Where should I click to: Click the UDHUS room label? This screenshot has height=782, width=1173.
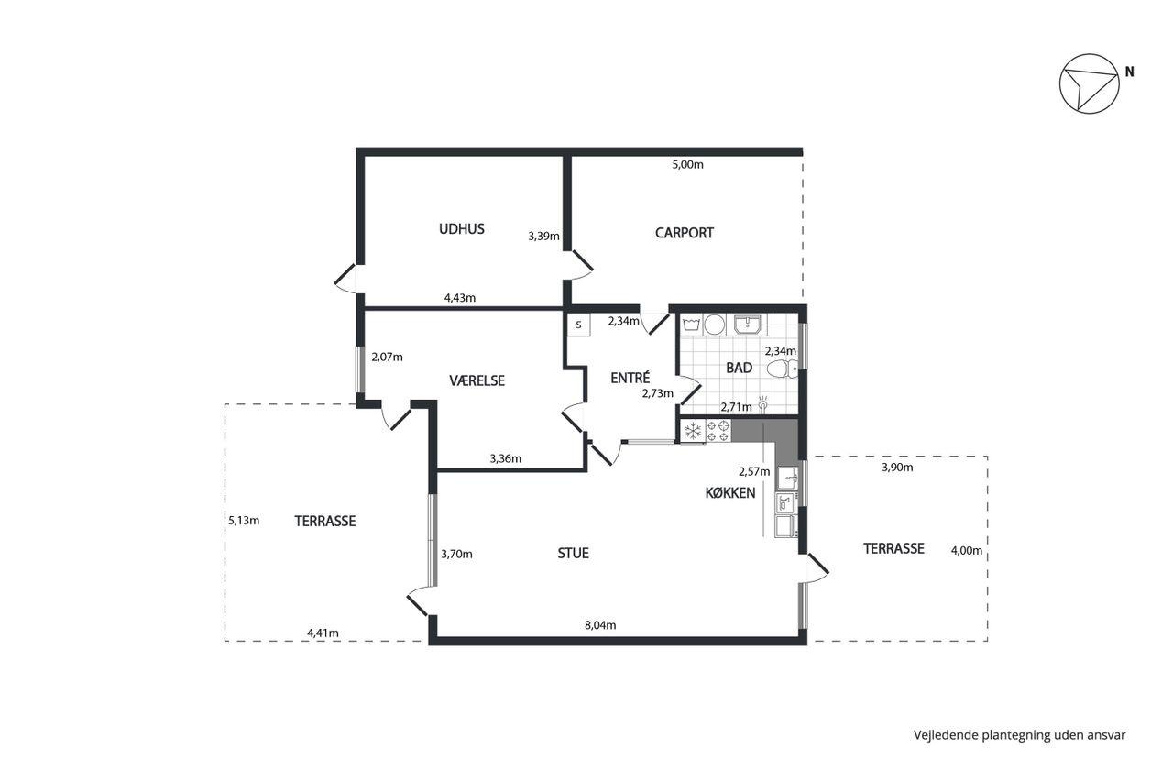(461, 229)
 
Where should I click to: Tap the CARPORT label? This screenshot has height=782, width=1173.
(684, 233)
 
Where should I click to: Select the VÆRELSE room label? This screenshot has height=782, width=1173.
(477, 380)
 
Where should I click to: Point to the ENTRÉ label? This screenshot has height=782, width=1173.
(630, 378)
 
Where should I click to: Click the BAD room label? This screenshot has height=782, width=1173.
(739, 369)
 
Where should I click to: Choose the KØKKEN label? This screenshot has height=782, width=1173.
(730, 493)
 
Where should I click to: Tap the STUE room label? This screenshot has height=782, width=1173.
(573, 554)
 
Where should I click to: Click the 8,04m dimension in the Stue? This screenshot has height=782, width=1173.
(600, 625)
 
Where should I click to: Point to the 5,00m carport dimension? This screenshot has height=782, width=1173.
(687, 164)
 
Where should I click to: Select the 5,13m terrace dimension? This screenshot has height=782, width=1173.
(244, 521)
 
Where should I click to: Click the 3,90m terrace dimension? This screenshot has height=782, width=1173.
(897, 468)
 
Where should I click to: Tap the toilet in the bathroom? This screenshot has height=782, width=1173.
(782, 369)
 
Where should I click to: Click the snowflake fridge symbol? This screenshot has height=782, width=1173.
(693, 431)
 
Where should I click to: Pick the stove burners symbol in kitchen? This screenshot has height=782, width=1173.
(718, 431)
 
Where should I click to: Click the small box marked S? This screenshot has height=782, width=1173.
(578, 325)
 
